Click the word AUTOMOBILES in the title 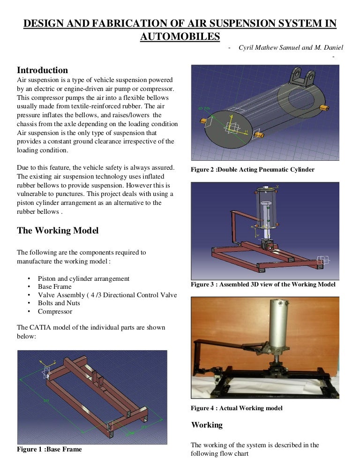pyautogui.click(x=180, y=36)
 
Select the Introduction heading pyautogui.click(x=42, y=70)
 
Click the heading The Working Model pyautogui.click(x=58, y=231)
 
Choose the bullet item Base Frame pyautogui.click(x=55, y=286)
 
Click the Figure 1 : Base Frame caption pyautogui.click(x=49, y=449)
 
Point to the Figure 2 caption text pyautogui.click(x=252, y=170)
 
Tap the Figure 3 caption pyautogui.click(x=262, y=285)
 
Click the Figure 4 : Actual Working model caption pyautogui.click(x=236, y=408)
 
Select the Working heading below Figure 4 pyautogui.click(x=207, y=425)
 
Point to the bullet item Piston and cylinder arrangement pyautogui.click(x=83, y=278)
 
